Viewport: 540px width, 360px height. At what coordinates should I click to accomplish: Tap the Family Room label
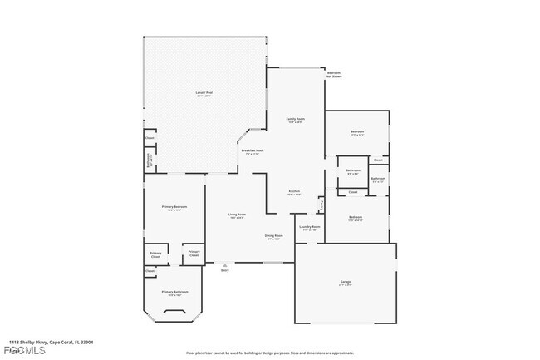pos(295,121)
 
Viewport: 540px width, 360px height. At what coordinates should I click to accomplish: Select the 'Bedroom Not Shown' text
pos(334,74)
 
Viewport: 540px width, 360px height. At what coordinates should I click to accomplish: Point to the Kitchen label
pos(294,192)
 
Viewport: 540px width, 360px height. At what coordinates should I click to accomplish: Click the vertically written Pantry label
pos(322,204)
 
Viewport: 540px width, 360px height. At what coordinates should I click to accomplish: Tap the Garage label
pos(345,284)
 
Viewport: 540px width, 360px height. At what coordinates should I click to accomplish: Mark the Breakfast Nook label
pos(253,151)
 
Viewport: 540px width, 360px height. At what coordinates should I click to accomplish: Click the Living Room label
pos(237,216)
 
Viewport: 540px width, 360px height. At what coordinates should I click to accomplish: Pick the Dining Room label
pos(273,236)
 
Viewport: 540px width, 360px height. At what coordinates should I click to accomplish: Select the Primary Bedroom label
pos(174,208)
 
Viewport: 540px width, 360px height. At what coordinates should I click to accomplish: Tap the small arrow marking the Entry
pos(224,265)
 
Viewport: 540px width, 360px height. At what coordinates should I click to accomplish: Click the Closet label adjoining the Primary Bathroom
pos(150,271)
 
